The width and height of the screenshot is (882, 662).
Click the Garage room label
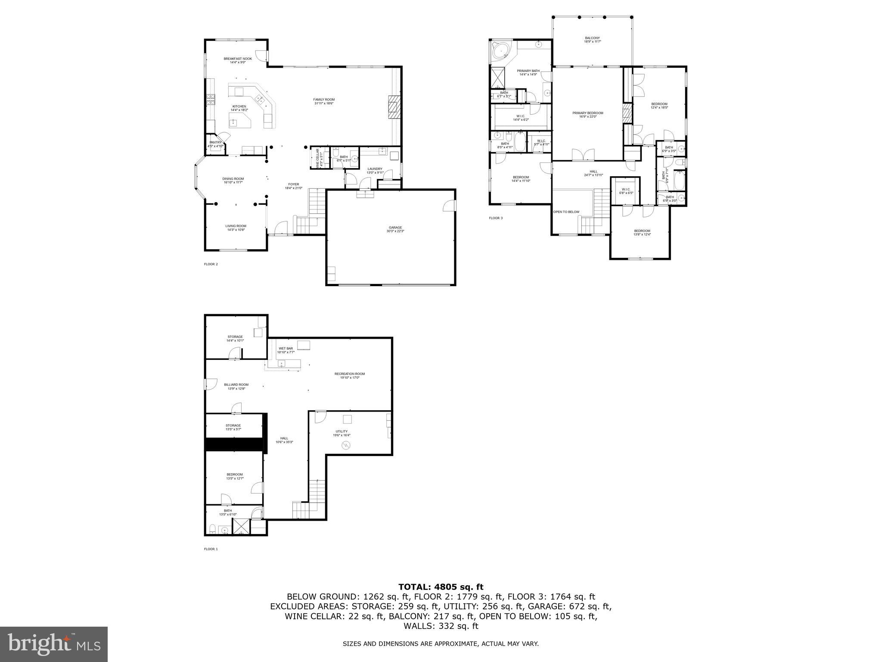click(x=395, y=229)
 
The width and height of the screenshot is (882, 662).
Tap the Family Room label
click(x=324, y=101)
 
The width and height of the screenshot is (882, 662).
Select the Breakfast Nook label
click(x=237, y=60)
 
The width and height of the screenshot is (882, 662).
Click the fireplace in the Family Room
click(x=394, y=106)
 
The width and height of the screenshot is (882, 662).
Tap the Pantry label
click(x=215, y=144)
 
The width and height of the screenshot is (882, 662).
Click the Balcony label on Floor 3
click(x=592, y=40)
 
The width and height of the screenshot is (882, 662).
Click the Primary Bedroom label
click(x=587, y=115)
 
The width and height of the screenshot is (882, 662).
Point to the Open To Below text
click(x=566, y=212)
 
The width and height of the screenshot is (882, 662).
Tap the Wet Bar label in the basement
click(x=286, y=350)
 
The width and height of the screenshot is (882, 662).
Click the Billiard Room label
click(x=236, y=386)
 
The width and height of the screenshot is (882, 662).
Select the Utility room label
click(x=342, y=433)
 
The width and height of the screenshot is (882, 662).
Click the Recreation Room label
click(x=349, y=375)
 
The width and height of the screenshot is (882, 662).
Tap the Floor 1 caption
click(x=211, y=549)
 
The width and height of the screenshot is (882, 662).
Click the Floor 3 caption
click(x=495, y=218)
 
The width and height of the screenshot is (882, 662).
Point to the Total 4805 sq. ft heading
click(x=441, y=587)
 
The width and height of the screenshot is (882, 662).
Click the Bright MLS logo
click(x=54, y=644)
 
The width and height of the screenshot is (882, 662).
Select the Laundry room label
click(x=374, y=170)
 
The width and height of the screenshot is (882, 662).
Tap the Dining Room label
click(x=233, y=180)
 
